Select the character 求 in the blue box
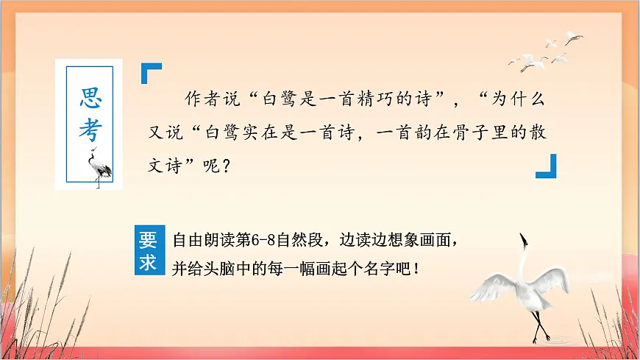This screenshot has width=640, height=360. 149,262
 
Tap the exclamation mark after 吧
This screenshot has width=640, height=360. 417,265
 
